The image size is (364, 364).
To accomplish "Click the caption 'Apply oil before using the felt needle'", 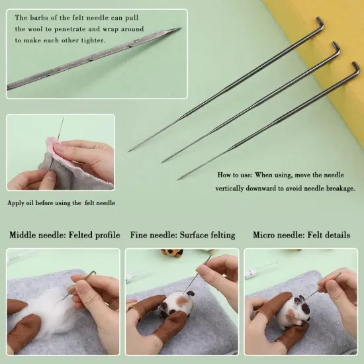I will click(x=62, y=203).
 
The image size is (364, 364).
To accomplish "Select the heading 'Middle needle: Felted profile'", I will click(x=64, y=235).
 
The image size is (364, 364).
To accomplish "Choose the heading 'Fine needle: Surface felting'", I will click(x=181, y=235).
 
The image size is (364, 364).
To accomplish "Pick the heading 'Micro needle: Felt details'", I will click(x=301, y=235).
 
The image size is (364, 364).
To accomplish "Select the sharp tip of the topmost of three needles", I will click(x=130, y=151).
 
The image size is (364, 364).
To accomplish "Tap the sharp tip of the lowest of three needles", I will click(x=179, y=179).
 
